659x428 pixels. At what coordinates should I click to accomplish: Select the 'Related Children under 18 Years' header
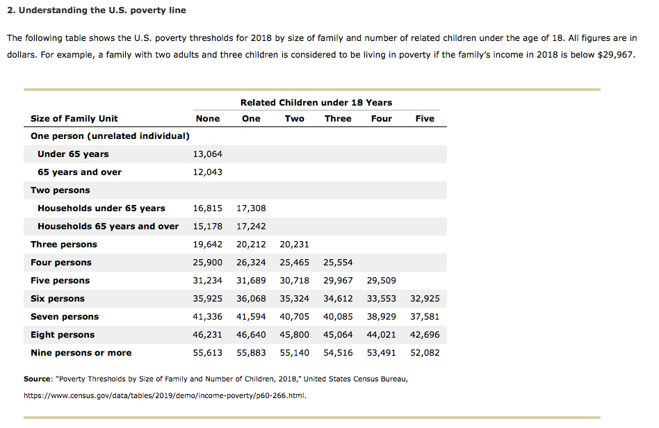tap(316, 102)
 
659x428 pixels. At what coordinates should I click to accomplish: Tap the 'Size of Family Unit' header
tap(74, 118)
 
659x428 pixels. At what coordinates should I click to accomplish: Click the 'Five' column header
tap(425, 118)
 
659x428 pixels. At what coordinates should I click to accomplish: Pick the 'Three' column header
tap(338, 118)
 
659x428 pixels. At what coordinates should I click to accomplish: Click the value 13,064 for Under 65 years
tap(207, 154)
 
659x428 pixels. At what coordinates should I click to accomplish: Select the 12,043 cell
tap(207, 172)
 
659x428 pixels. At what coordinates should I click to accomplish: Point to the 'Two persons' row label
tap(60, 190)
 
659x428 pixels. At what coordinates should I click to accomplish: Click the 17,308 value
tap(251, 208)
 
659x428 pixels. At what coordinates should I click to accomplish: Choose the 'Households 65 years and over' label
tap(108, 226)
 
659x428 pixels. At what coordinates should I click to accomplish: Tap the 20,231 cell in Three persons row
tap(294, 244)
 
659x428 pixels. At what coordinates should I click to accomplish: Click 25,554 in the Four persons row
tap(338, 262)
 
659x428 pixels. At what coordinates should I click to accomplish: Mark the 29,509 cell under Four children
tap(381, 280)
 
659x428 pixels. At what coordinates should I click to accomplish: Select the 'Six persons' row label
tap(58, 298)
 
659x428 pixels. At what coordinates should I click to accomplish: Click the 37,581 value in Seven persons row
tap(425, 316)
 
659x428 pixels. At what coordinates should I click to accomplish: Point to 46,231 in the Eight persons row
tap(207, 334)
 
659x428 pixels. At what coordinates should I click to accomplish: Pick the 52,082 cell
tap(425, 352)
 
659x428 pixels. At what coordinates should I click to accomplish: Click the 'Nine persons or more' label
tap(81, 352)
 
